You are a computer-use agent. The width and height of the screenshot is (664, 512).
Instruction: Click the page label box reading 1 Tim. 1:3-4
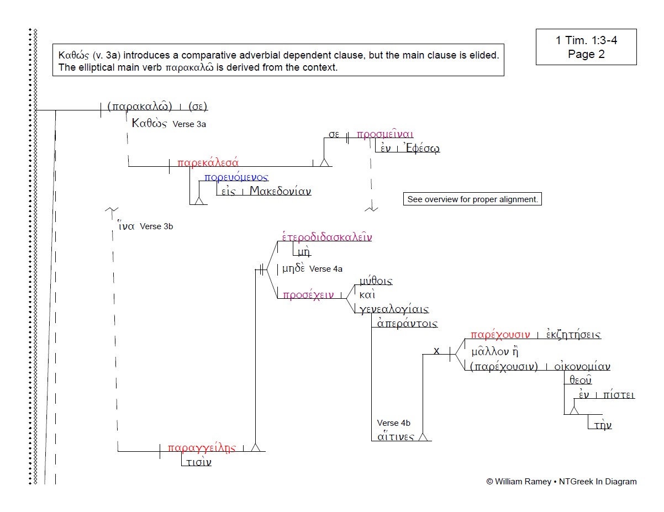click(586, 47)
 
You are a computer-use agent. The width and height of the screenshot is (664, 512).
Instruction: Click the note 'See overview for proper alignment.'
click(472, 199)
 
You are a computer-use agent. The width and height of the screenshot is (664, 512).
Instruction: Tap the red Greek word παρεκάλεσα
click(208, 162)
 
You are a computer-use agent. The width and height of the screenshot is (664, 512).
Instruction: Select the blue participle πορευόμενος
click(236, 177)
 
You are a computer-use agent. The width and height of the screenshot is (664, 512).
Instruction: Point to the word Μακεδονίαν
click(280, 192)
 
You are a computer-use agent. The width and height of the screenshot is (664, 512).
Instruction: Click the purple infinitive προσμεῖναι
click(385, 134)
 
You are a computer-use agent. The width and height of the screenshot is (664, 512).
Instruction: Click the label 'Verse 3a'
click(189, 124)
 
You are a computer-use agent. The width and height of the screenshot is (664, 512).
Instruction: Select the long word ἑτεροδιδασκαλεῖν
click(327, 237)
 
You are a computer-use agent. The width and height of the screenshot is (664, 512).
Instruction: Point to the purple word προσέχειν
click(308, 295)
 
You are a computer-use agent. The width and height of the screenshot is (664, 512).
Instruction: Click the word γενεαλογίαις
click(394, 309)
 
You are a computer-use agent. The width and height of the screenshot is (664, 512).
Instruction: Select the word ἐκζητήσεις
click(573, 335)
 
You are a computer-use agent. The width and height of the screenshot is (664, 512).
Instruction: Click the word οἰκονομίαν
click(582, 366)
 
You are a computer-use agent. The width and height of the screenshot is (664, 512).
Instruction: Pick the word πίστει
click(619, 395)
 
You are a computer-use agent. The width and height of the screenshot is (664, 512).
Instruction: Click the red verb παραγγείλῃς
click(202, 448)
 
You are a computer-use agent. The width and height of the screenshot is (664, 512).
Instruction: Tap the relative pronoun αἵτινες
click(396, 437)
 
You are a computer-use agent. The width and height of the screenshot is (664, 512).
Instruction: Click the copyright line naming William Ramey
click(561, 482)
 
